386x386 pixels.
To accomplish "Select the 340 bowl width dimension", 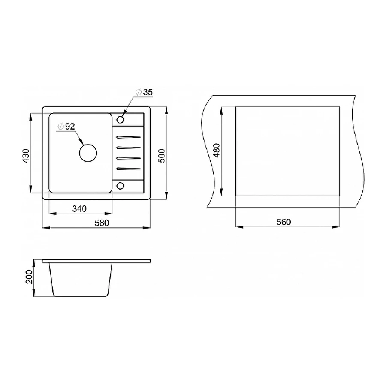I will point(80,209).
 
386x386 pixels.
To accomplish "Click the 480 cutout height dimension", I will point(216,151).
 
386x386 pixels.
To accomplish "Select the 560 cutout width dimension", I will point(284,222).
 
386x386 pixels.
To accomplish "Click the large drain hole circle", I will point(88,153).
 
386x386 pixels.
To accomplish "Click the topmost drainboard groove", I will point(128,137).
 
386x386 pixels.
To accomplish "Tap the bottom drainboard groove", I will point(128,169).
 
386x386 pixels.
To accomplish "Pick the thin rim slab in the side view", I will point(96,260).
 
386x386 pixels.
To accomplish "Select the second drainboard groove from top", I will point(128,148).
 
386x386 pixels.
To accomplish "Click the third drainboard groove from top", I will point(128,158).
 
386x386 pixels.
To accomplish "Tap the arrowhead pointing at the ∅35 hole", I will point(124,113).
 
